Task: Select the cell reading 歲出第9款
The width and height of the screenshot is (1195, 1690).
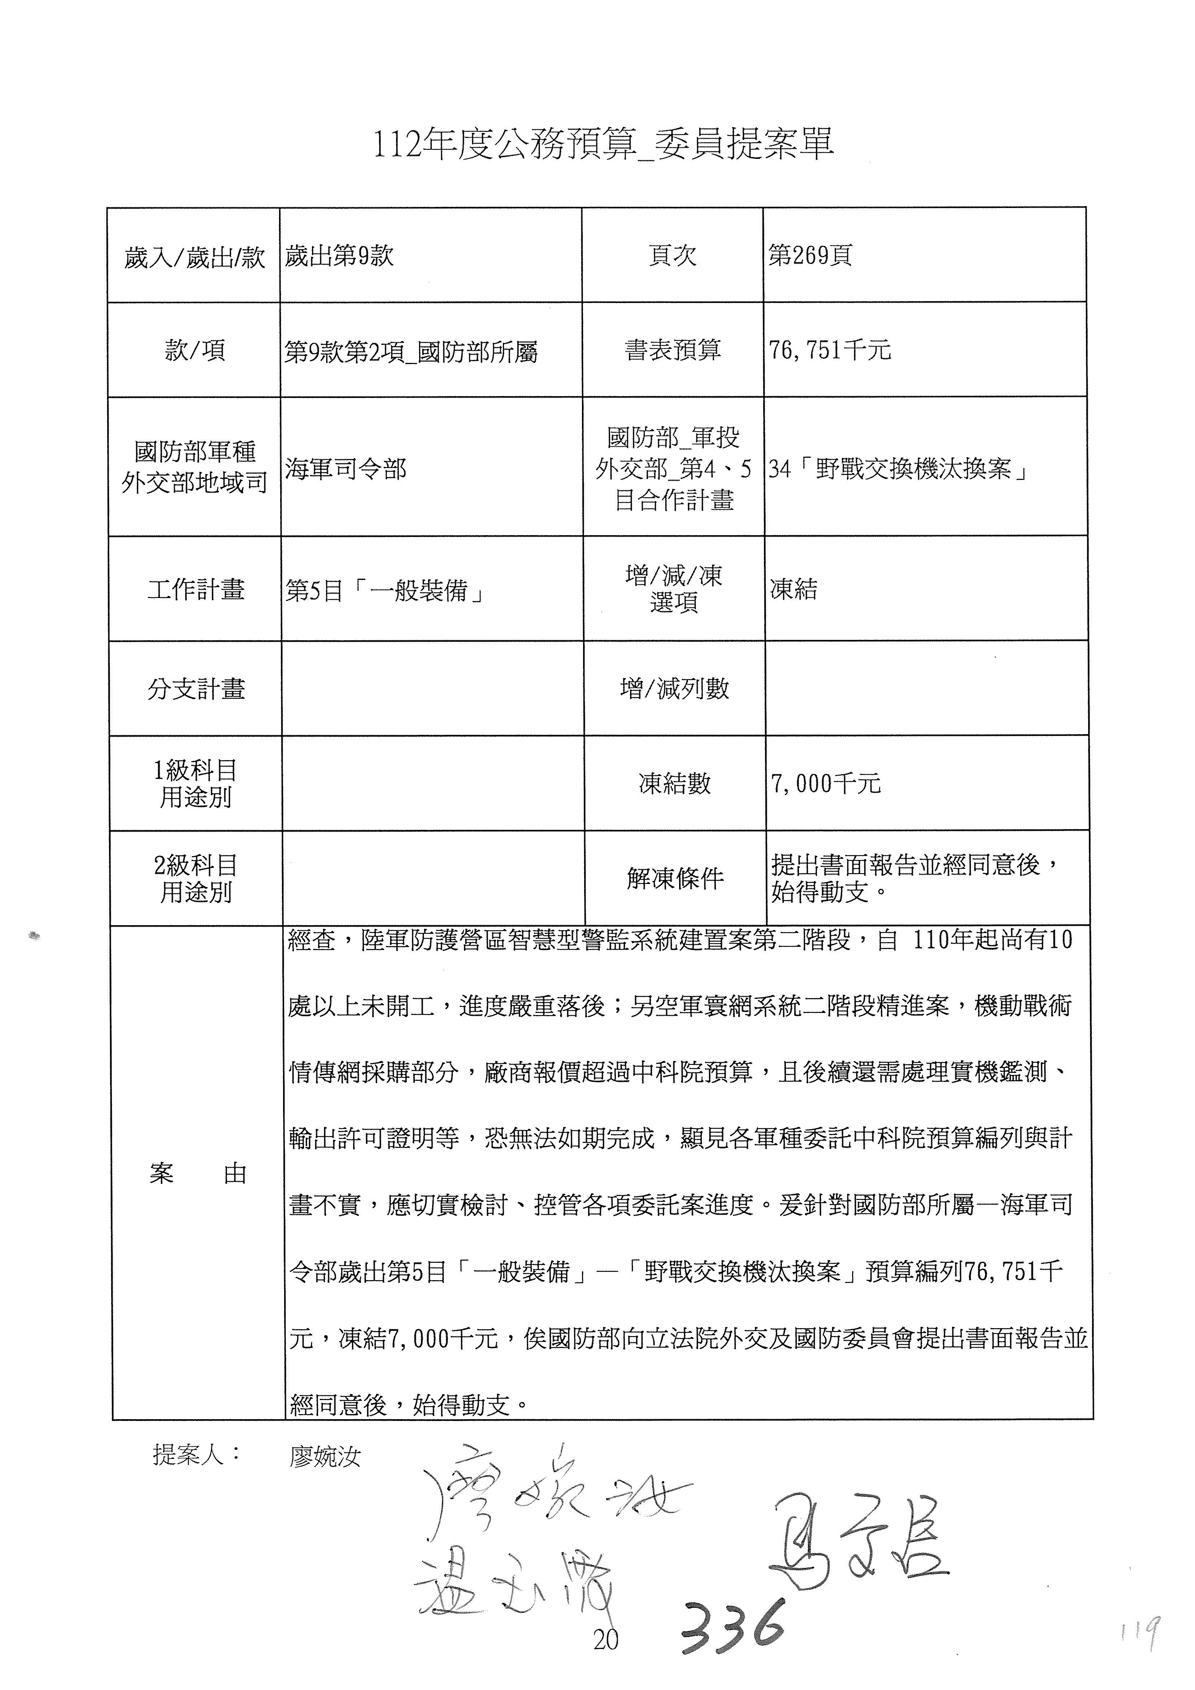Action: click(x=339, y=256)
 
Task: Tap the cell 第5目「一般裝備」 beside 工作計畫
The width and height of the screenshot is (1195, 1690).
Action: click(x=384, y=590)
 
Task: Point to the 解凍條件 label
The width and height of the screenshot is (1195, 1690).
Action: click(x=675, y=878)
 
